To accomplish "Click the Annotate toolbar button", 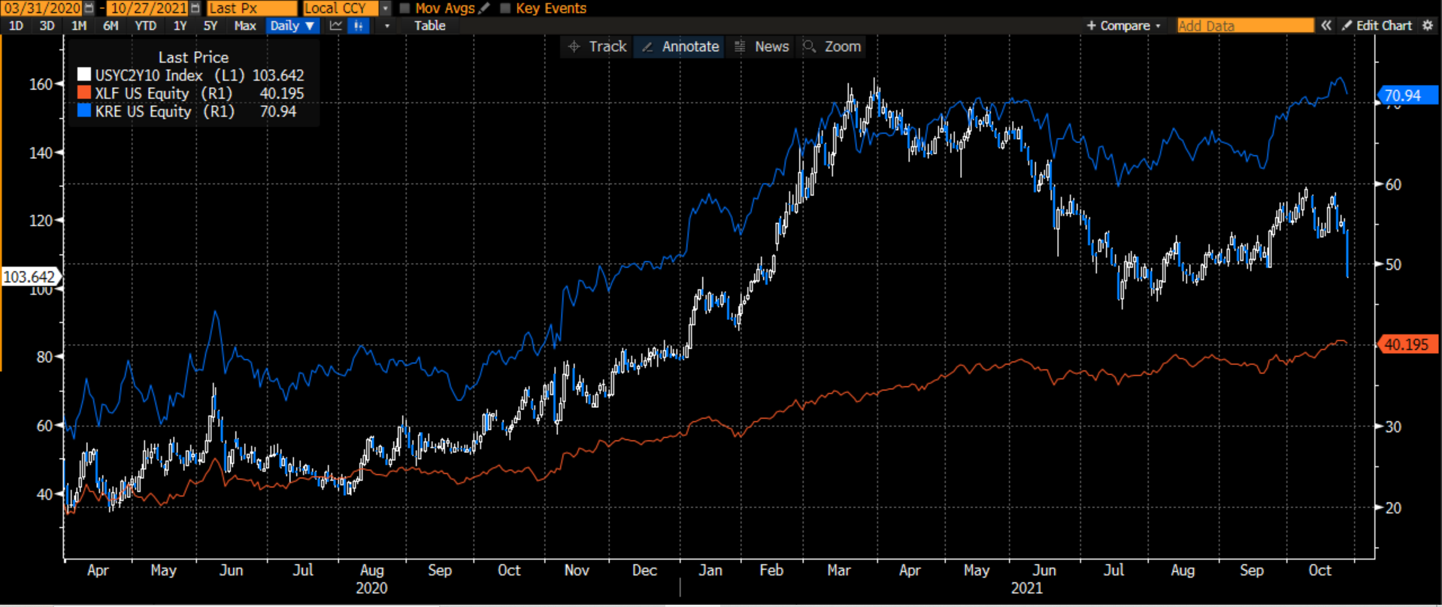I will (681, 47).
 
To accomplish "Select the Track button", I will (598, 47).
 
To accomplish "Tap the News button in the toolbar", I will (763, 47).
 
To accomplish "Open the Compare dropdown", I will (1124, 26).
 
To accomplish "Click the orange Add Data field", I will (1244, 26).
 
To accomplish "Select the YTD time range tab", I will (145, 26).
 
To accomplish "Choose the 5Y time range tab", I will (211, 26).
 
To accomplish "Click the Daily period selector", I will (292, 26).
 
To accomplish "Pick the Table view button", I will (429, 26).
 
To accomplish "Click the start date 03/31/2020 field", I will (43, 8).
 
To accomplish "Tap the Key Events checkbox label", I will (550, 8).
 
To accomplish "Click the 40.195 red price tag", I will (1406, 345).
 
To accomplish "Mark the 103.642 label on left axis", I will (29, 276).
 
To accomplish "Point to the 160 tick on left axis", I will (41, 84).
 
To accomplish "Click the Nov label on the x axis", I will (577, 570).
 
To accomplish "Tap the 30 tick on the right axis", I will (1393, 426).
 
